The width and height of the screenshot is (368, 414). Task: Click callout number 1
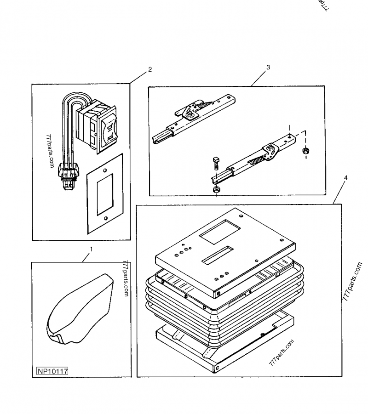coord(91,249)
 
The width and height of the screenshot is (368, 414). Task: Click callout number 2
coord(149,70)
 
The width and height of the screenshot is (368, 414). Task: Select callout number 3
coord(268,67)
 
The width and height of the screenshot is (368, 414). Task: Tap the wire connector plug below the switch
coord(67,177)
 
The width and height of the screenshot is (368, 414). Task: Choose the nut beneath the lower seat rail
coord(217,189)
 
